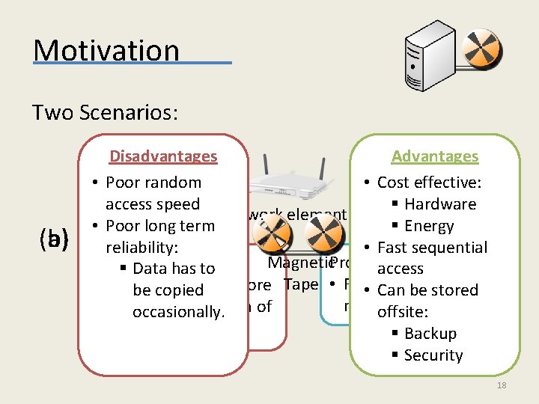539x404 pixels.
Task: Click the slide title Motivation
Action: [106, 50]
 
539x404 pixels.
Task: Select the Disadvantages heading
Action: [163, 156]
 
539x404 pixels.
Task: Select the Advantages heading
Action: [434, 156]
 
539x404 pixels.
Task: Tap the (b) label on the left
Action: [54, 239]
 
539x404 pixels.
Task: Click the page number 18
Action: [502, 385]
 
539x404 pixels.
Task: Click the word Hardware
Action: [440, 204]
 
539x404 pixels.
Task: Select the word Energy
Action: [429, 226]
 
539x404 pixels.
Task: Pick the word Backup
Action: [430, 334]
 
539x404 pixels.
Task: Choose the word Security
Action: [433, 355]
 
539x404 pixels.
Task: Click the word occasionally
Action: [178, 312]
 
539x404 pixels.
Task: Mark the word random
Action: [176, 183]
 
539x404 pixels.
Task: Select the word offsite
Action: [404, 312]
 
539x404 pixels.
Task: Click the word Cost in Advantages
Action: [393, 183]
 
